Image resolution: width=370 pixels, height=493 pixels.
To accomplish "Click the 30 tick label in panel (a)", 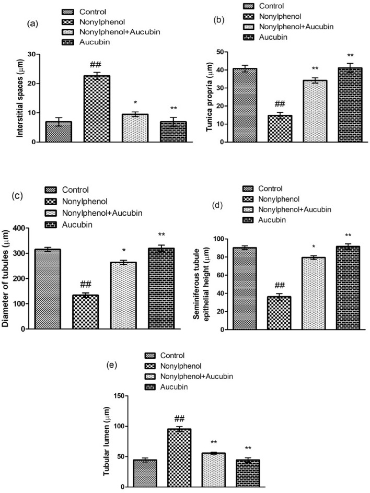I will (x=31, y=54).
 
